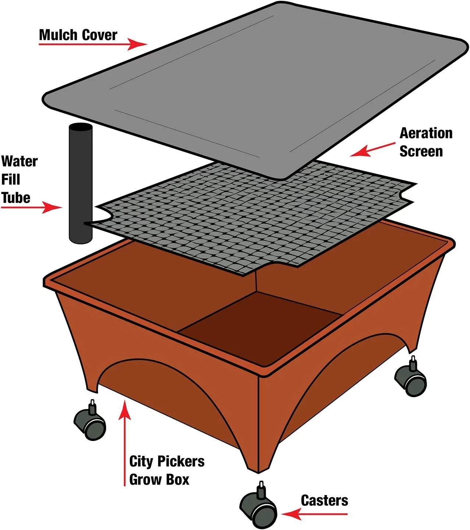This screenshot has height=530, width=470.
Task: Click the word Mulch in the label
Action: [58, 35]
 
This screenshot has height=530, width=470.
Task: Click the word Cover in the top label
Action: [99, 35]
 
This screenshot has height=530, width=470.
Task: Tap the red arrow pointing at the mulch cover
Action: [93, 44]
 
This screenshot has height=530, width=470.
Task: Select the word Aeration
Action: [426, 133]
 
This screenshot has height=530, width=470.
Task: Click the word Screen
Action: [421, 152]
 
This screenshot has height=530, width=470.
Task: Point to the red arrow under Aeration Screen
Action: [373, 150]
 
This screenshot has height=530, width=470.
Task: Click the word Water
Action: [19, 161]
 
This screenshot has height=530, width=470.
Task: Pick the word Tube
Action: [16, 198]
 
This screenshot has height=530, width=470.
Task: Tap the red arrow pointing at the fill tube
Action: [32, 208]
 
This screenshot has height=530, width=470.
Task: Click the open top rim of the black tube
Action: [81, 128]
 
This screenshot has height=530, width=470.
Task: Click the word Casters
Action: [324, 501]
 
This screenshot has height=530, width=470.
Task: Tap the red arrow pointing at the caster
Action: [314, 514]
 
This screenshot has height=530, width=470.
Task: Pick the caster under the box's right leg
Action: [410, 376]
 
